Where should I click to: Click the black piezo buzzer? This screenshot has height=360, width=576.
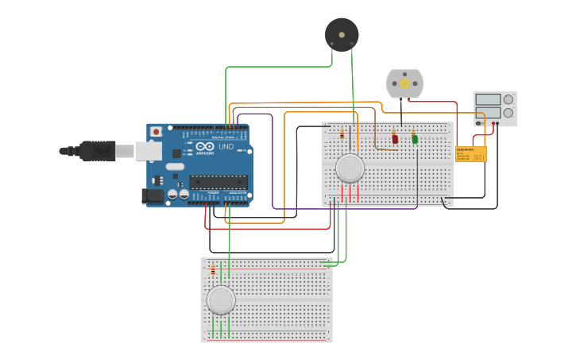tap(342, 35)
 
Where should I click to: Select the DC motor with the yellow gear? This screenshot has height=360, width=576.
tap(404, 83)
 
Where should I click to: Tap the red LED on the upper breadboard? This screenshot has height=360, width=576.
tap(395, 139)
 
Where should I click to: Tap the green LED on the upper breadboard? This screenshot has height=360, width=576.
tap(415, 139)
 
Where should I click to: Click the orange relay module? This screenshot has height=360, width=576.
tap(470, 154)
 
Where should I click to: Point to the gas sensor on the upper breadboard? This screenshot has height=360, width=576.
tap(350, 168)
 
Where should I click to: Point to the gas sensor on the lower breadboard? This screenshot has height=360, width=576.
tap(221, 300)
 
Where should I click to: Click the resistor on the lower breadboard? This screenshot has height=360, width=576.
tap(212, 271)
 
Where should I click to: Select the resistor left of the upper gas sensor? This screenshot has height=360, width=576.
tap(342, 134)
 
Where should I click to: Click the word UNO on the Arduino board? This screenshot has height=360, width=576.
tap(226, 147)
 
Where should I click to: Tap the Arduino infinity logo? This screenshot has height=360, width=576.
tap(205, 147)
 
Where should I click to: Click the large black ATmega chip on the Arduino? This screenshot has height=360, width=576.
tap(218, 182)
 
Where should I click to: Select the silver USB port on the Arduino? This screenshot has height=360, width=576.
tap(149, 150)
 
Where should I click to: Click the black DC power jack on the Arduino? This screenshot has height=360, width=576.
tap(153, 195)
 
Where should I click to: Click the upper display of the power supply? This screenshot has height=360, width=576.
tap(487, 99)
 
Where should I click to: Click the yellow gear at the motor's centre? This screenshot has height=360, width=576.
tap(404, 83)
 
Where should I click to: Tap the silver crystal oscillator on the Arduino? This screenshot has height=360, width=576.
tap(175, 167)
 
